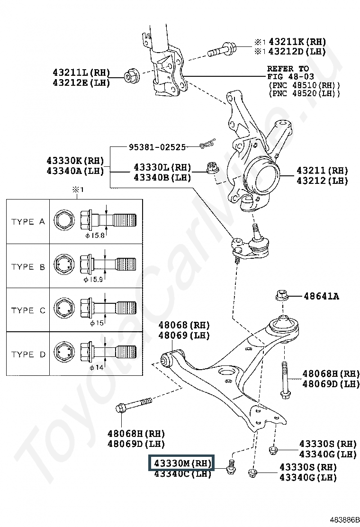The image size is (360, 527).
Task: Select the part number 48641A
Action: (321, 297)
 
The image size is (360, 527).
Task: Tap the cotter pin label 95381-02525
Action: (157, 147)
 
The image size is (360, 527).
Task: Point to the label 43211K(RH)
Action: (297, 42)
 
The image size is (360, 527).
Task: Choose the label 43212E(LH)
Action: (81, 82)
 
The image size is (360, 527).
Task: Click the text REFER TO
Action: (288, 69)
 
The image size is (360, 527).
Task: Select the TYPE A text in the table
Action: (28, 222)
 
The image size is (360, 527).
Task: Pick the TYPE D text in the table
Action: (28, 354)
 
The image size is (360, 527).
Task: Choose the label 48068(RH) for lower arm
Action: (184, 326)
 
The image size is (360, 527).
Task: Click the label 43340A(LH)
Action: (75, 171)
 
